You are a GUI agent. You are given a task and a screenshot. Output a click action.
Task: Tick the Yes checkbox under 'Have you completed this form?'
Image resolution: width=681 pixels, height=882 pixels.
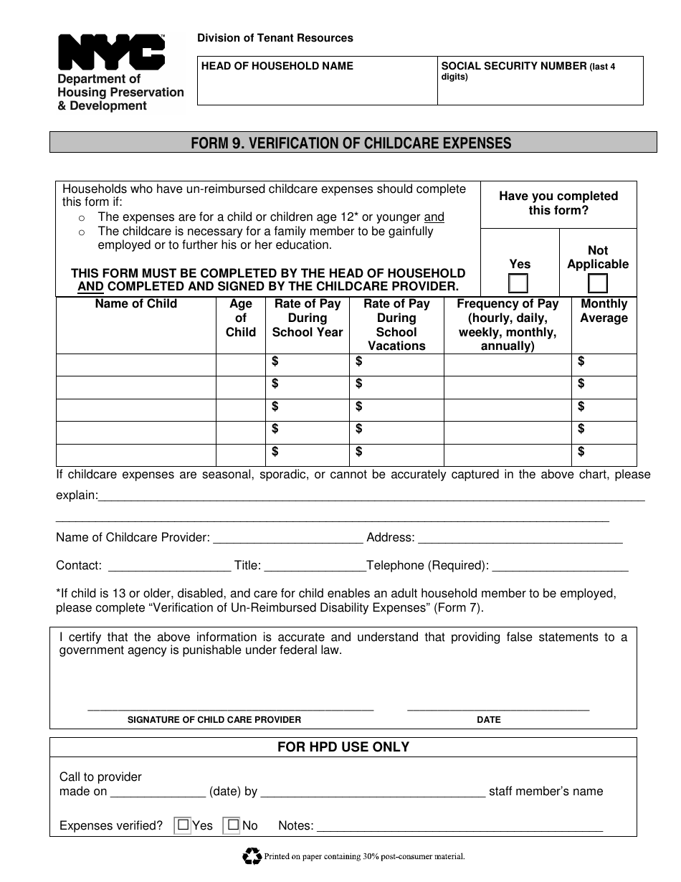(x=518, y=284)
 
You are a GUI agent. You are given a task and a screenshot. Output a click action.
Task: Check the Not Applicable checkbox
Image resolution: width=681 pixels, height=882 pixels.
(x=598, y=284)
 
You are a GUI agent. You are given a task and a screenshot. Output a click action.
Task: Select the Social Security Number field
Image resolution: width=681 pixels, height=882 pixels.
(x=540, y=90)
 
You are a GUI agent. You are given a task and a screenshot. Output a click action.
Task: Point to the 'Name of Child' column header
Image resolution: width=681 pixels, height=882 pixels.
(x=136, y=304)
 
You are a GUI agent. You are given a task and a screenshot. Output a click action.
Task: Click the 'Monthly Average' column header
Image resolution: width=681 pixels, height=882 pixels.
(x=604, y=310)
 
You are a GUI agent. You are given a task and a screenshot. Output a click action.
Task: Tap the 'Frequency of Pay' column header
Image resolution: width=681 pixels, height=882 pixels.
(x=508, y=324)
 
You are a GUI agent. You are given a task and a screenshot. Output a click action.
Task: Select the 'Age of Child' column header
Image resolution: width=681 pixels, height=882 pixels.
(x=241, y=318)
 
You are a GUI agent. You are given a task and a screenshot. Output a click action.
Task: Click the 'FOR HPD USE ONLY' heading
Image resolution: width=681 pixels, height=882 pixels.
(x=343, y=747)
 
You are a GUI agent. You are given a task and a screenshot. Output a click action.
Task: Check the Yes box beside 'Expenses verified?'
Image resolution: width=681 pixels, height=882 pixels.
(x=184, y=825)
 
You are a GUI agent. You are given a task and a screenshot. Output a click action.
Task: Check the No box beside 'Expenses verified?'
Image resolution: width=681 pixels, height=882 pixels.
(x=232, y=825)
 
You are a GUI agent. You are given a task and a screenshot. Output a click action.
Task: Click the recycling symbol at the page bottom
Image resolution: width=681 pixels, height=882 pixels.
(x=252, y=855)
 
